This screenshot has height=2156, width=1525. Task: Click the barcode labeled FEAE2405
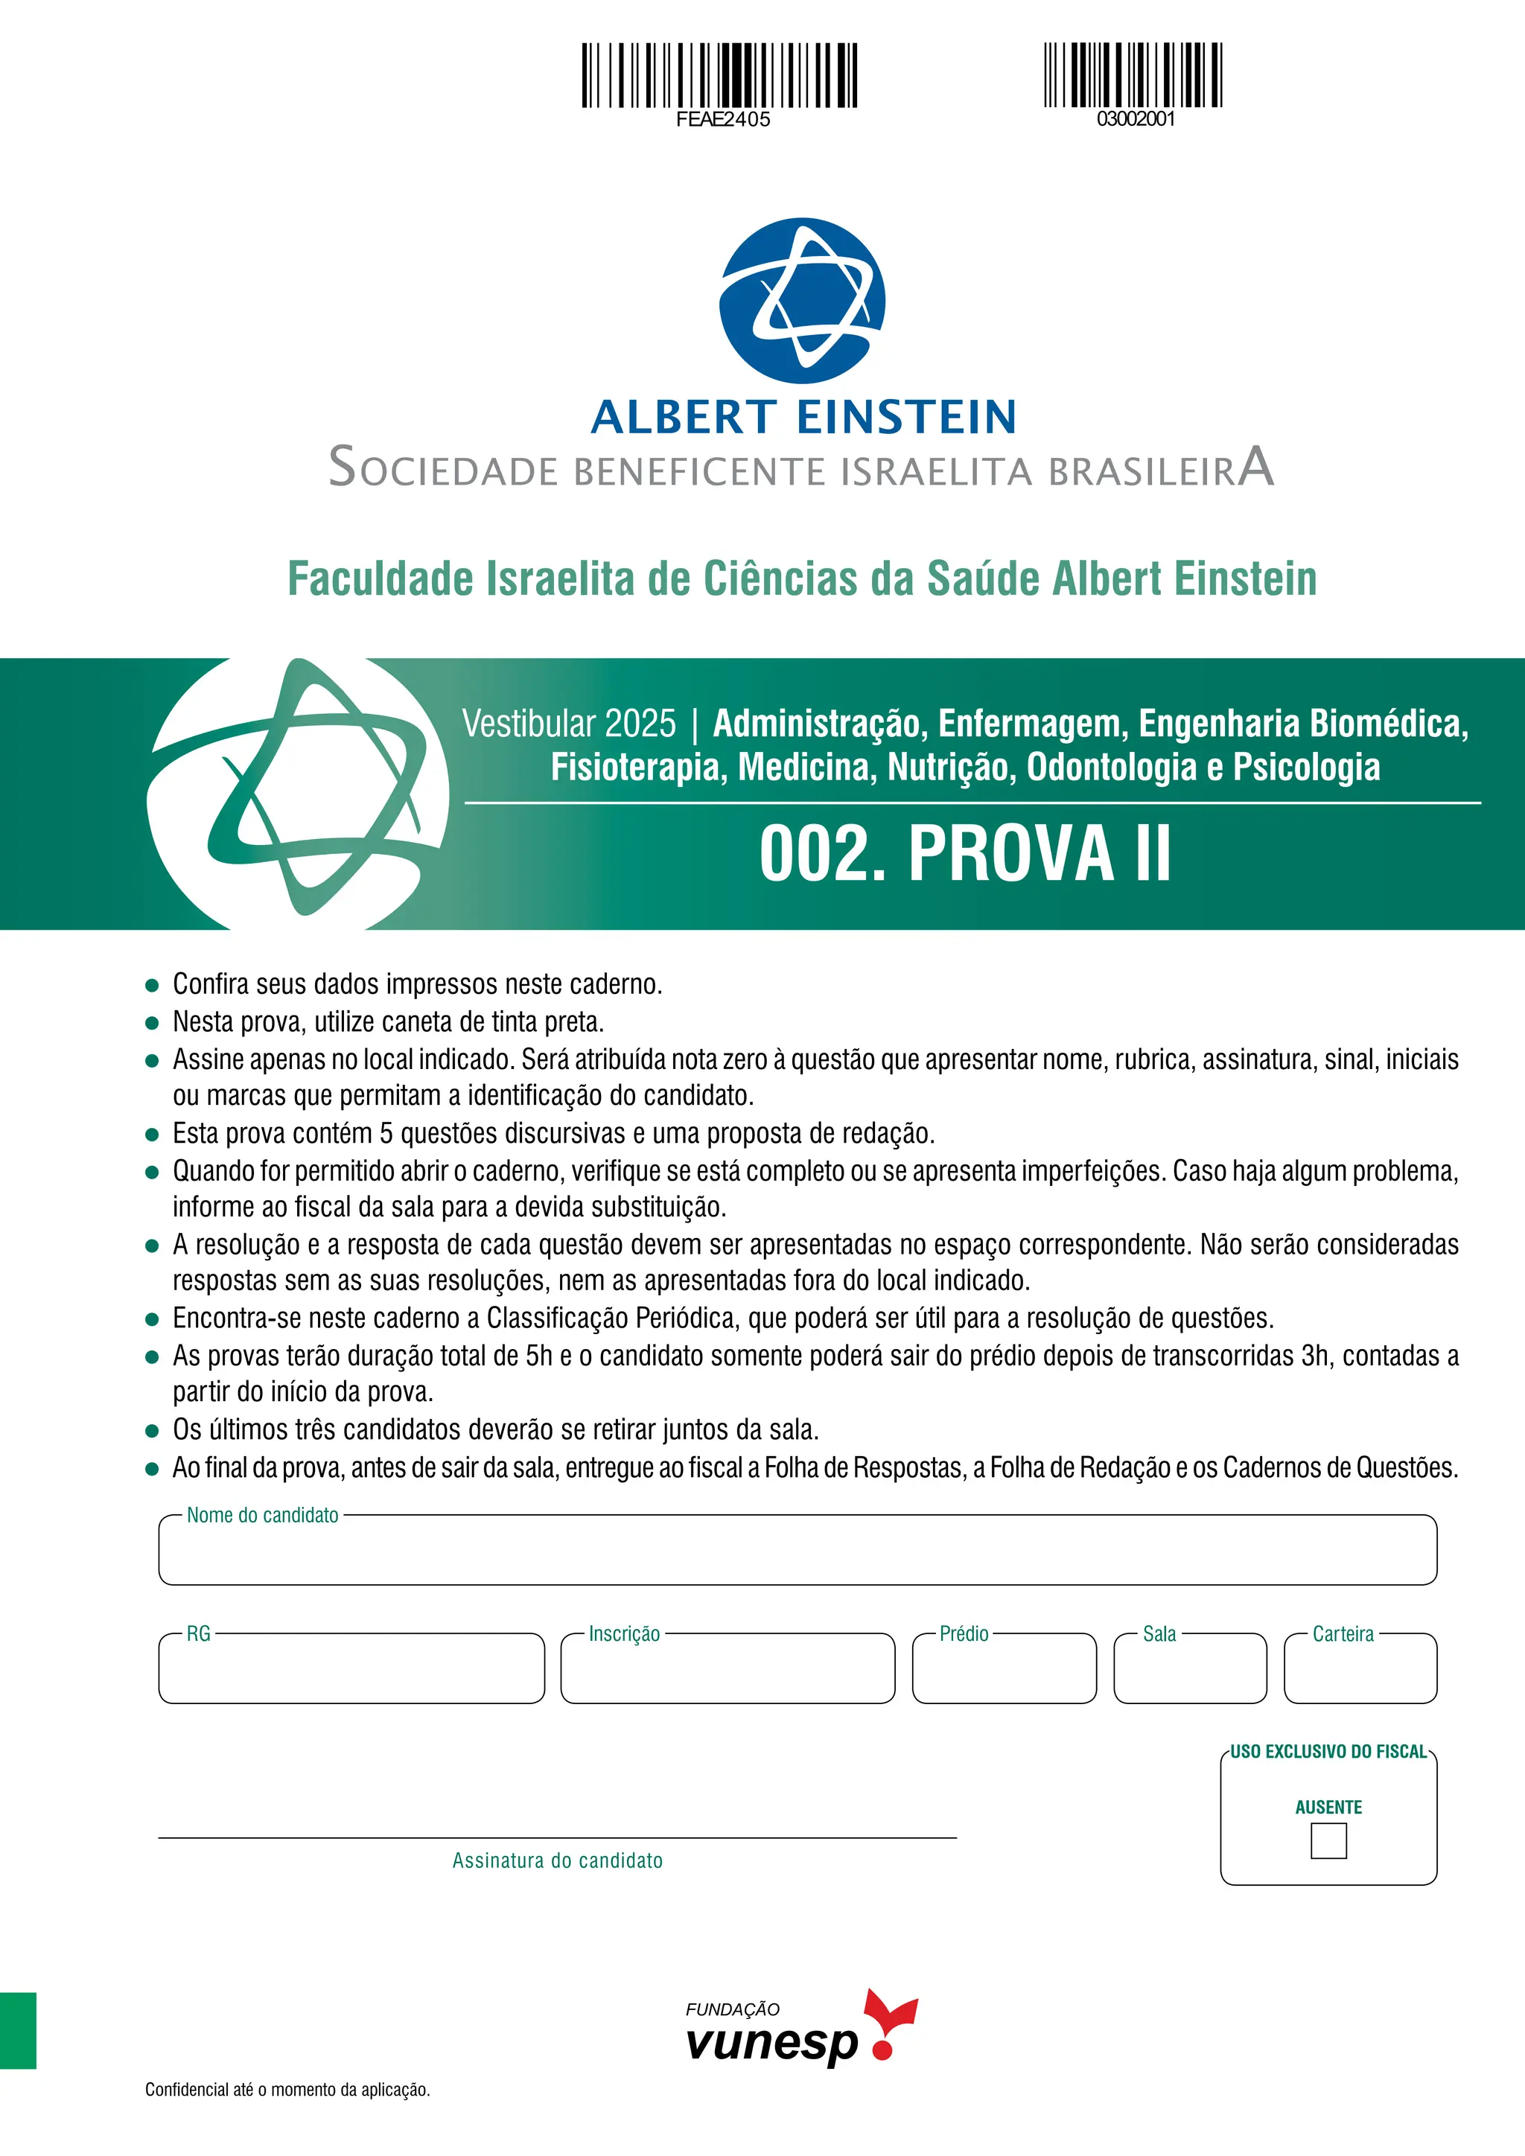click(x=719, y=74)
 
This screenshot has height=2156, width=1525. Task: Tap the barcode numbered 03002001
click(x=1133, y=74)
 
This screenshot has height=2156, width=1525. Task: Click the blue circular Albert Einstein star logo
click(x=802, y=301)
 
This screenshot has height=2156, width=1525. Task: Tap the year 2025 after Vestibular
click(x=640, y=724)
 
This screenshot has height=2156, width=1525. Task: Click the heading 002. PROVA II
click(x=964, y=854)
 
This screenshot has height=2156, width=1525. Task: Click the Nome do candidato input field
click(x=797, y=1552)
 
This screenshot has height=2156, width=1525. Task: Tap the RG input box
click(x=351, y=1671)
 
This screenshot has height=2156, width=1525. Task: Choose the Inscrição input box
click(x=727, y=1671)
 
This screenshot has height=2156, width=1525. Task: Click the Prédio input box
click(x=1004, y=1671)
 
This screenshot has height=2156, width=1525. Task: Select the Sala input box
click(x=1190, y=1671)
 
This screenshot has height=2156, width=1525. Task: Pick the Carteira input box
click(x=1360, y=1671)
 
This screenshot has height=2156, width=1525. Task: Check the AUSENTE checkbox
click(x=1328, y=1840)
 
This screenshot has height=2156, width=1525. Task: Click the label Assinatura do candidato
click(x=557, y=1861)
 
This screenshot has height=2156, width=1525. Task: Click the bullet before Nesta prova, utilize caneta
click(x=152, y=1023)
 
